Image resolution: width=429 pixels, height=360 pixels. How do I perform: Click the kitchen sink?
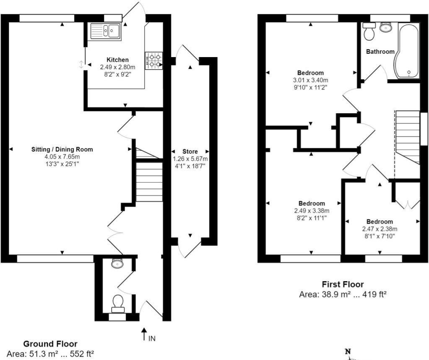coord(105,31)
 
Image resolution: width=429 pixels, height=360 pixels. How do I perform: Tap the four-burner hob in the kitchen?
coord(154,60)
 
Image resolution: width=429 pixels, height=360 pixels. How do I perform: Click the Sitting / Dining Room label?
coord(62,149)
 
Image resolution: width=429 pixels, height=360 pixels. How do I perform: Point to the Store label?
coord(190,151)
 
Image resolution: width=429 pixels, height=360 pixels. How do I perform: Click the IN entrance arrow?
coord(145,334)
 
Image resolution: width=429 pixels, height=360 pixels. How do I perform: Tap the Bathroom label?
coord(380,52)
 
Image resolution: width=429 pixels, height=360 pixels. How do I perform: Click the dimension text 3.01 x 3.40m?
coord(311,80)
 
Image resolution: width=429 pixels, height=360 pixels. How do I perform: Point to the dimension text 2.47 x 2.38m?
coord(380,229)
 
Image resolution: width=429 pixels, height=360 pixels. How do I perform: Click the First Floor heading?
coord(343,284)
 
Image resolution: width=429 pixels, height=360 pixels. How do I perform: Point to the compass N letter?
coord(347,352)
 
